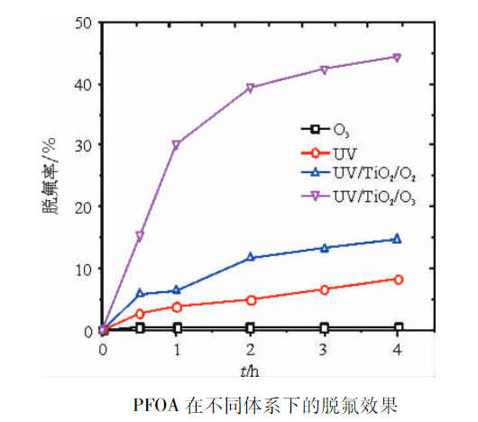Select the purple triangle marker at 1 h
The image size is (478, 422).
pyautogui.click(x=177, y=144)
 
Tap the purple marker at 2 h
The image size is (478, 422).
pyautogui.click(x=250, y=88)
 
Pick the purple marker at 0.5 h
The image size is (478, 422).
pyautogui.click(x=140, y=236)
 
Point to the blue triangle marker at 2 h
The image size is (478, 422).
pyautogui.click(x=250, y=258)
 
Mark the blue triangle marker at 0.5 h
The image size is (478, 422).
pyautogui.click(x=140, y=293)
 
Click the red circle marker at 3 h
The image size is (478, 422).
pyautogui.click(x=324, y=289)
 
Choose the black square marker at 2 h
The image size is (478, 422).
pyautogui.click(x=250, y=327)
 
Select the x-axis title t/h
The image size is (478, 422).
pyautogui.click(x=250, y=369)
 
